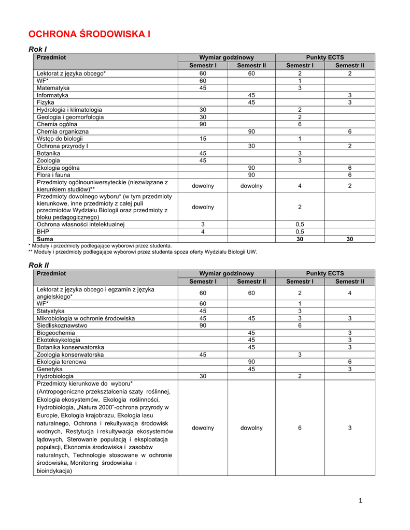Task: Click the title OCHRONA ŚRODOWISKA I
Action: [x=89, y=35]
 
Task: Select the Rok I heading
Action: [x=37, y=49]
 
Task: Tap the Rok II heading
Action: [x=38, y=265]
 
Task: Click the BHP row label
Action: [x=43, y=232]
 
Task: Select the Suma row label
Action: [x=45, y=239]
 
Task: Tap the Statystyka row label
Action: [x=51, y=311]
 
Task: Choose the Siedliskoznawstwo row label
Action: [x=62, y=326]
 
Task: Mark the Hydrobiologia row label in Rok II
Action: [x=55, y=376]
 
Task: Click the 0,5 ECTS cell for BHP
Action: [x=300, y=232]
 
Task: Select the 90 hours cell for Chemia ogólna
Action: [x=203, y=124]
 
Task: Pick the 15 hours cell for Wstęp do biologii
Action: [x=203, y=139]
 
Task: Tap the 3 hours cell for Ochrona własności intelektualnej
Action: [x=203, y=225]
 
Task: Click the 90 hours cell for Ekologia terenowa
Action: [x=251, y=362]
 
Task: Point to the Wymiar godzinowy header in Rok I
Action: [x=227, y=57]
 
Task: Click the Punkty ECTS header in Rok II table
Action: [x=324, y=273]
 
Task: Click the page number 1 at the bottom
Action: [x=360, y=500]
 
